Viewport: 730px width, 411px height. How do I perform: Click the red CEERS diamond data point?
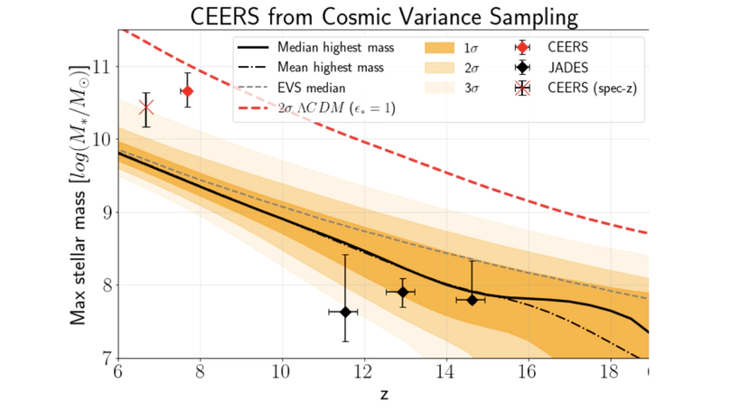tap(188, 91)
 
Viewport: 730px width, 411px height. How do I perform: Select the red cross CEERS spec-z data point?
tap(146, 109)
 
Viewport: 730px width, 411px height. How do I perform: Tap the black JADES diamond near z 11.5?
tap(344, 312)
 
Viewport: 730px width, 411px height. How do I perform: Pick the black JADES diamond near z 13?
tap(402, 292)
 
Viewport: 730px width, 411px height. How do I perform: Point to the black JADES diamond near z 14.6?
tap(472, 299)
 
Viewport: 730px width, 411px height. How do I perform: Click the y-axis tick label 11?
tap(99, 67)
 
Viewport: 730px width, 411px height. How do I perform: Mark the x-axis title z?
tap(383, 395)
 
